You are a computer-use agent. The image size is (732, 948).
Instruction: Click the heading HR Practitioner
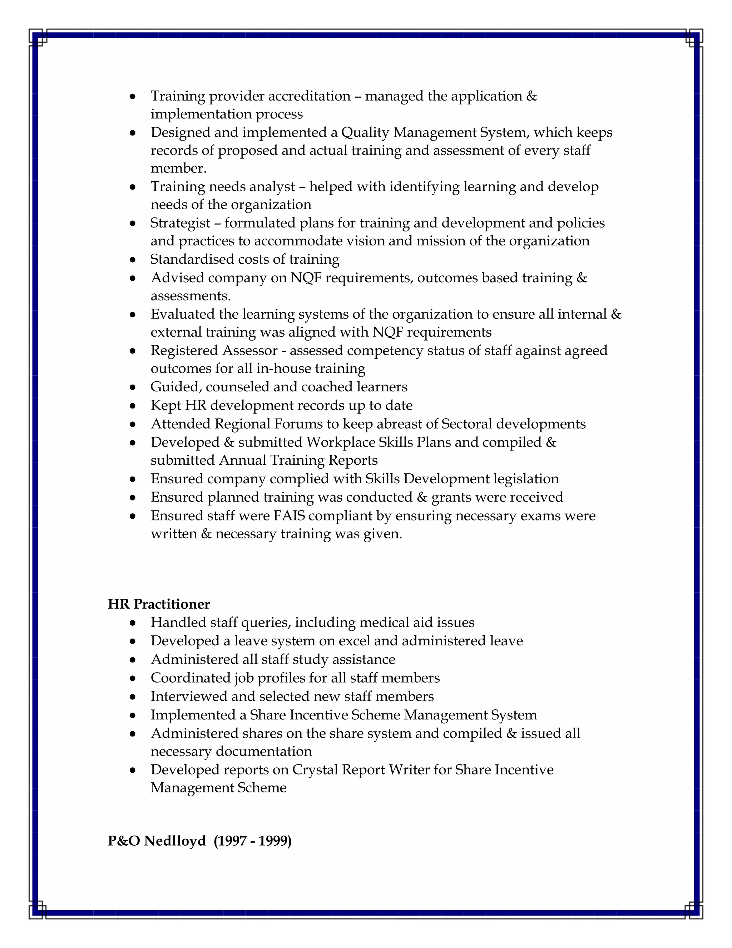159,604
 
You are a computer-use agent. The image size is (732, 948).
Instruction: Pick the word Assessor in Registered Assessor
250,350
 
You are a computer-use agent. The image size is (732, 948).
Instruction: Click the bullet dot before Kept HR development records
133,406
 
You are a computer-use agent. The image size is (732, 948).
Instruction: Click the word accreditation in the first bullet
309,96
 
